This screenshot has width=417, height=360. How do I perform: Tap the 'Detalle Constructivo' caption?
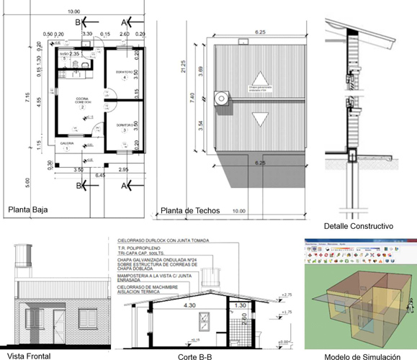click(x=357, y=225)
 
